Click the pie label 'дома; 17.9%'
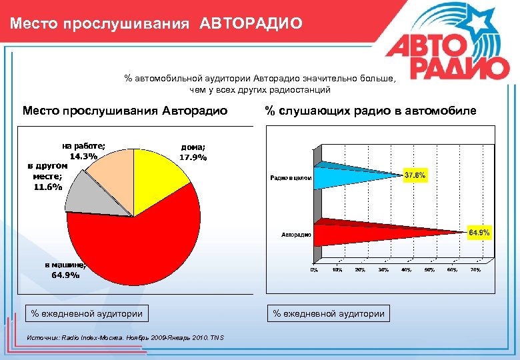point(193,153)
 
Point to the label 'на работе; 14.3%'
point(83,151)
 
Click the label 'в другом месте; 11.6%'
point(47,176)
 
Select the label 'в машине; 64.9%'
point(65,269)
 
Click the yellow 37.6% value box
point(415,175)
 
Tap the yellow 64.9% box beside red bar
point(479,233)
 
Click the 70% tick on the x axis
point(475,270)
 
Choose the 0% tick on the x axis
point(314,270)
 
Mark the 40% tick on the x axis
point(406,270)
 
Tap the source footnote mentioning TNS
point(125,338)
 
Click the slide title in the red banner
point(156,24)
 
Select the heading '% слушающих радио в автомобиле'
point(371,111)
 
